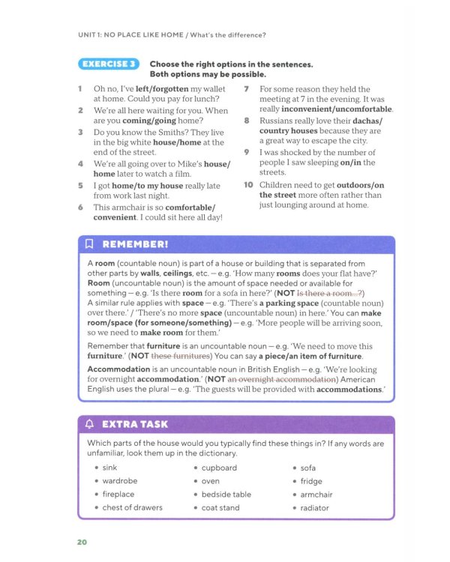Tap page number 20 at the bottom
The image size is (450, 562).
(x=82, y=542)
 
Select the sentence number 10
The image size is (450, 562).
(x=248, y=184)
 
